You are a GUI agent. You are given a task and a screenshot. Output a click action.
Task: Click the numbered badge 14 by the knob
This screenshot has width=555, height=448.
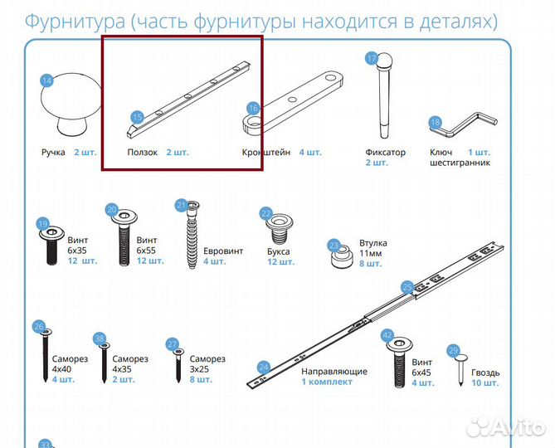click(x=47, y=80)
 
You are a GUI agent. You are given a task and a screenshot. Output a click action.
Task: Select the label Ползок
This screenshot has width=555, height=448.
click(x=142, y=153)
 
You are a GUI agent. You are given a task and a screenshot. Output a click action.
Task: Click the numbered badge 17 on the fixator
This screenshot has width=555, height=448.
click(x=372, y=59)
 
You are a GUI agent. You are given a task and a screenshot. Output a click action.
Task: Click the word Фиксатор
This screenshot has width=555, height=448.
click(x=386, y=153)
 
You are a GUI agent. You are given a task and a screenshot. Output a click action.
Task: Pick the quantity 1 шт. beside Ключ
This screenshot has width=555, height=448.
click(x=479, y=153)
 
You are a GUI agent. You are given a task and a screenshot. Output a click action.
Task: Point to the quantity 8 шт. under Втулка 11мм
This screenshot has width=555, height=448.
click(x=370, y=264)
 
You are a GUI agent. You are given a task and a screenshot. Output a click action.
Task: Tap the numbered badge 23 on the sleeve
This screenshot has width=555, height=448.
click(x=334, y=246)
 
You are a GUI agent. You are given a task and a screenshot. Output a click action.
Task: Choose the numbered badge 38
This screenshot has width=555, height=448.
click(x=100, y=339)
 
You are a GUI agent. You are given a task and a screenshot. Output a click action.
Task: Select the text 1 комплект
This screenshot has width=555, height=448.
click(x=327, y=382)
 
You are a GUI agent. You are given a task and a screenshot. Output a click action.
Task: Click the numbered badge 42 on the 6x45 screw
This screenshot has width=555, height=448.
click(x=387, y=336)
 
